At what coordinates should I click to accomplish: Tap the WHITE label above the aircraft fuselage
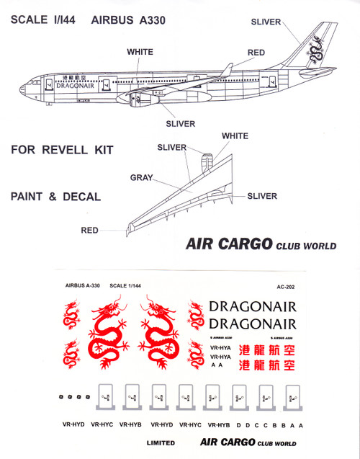click(x=140, y=53)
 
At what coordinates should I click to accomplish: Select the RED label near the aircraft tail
click(x=256, y=53)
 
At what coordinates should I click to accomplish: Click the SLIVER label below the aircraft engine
click(x=180, y=124)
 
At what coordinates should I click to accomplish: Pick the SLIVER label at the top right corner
click(x=266, y=22)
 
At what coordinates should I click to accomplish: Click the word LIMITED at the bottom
click(x=161, y=444)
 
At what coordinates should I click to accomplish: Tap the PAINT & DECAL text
click(x=55, y=196)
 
